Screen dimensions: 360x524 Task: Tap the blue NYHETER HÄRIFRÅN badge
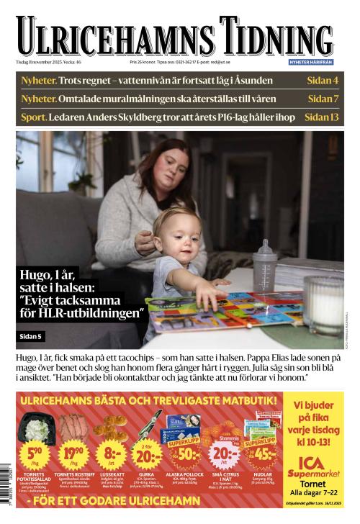[310, 63]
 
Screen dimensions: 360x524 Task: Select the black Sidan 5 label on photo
[32, 335]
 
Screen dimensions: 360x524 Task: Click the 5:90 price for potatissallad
[35, 455]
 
